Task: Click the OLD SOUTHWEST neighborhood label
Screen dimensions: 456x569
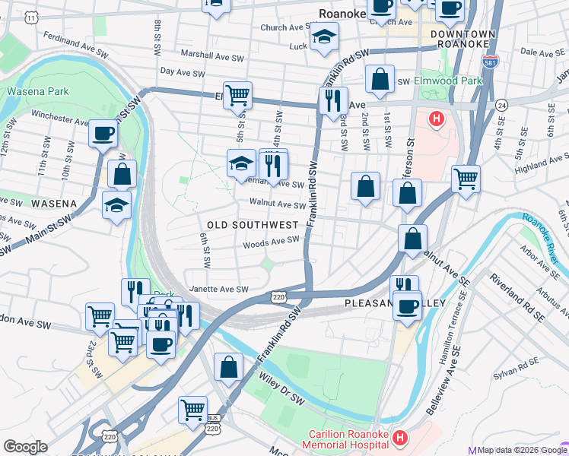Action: (253, 225)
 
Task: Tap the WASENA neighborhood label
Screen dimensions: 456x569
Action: (54, 204)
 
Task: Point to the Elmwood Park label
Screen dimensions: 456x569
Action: (449, 81)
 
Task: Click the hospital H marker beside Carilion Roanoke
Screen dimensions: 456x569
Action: (400, 439)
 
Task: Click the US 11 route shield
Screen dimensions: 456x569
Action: (31, 16)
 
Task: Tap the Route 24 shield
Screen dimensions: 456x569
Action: (501, 104)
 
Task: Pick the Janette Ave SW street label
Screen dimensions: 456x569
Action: (219, 290)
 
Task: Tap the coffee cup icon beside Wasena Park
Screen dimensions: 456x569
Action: (103, 135)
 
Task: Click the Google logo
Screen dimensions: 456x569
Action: (25, 446)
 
